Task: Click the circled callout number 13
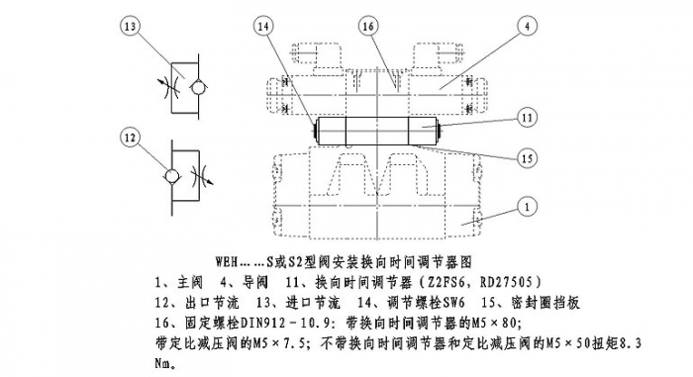(131, 27)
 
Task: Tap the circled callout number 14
(262, 27)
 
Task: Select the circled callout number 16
(368, 27)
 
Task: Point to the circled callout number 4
(527, 27)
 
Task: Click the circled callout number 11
(527, 118)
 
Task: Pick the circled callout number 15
(527, 157)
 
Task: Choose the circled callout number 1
(527, 207)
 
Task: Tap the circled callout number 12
(131, 138)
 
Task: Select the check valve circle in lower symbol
(172, 177)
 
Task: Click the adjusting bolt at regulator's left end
(315, 131)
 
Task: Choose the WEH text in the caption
(227, 261)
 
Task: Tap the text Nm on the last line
(162, 363)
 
